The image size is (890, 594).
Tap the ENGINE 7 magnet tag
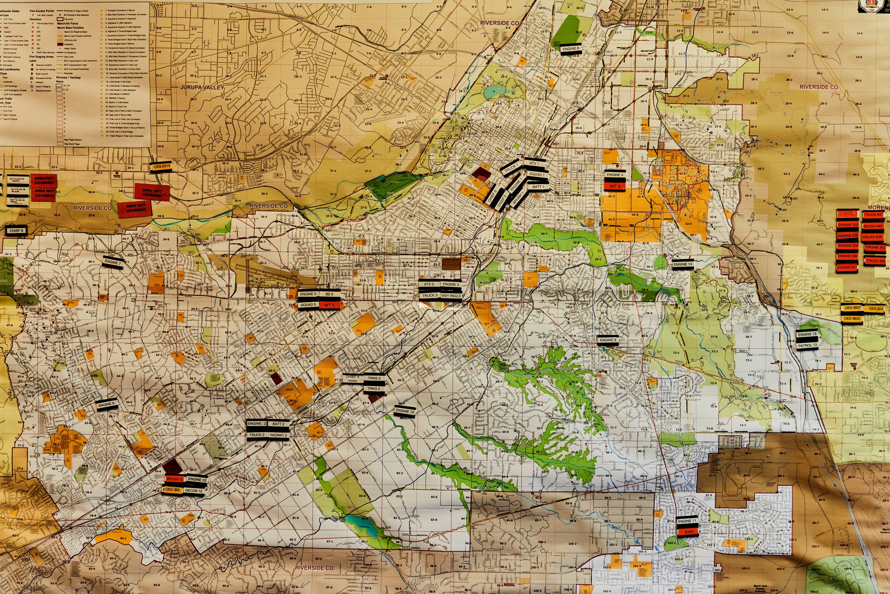click(x=113, y=262)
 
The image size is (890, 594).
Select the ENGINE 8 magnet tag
click(x=106, y=404)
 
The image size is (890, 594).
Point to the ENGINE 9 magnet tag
click(x=608, y=340)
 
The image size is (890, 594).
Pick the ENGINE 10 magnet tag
click(x=404, y=410)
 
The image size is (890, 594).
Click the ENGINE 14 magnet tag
click(x=683, y=264)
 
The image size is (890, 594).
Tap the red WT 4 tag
click(x=615, y=186)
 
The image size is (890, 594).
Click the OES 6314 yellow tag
click(x=162, y=166)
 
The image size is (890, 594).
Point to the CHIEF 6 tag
click(x=16, y=230)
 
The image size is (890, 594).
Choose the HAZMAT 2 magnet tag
click(x=278, y=435)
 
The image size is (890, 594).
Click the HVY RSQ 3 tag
click(x=451, y=296)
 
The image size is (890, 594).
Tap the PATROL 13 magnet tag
click(x=807, y=346)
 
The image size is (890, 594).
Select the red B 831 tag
click(x=687, y=532)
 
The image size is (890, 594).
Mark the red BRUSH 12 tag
click(x=175, y=479)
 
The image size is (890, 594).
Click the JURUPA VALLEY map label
click(x=202, y=88)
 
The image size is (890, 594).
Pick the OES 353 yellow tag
click(x=876, y=308)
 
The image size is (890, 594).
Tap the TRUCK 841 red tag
click(x=873, y=215)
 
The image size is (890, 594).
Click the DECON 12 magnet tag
click(x=194, y=490)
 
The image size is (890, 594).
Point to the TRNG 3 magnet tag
click(x=374, y=378)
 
